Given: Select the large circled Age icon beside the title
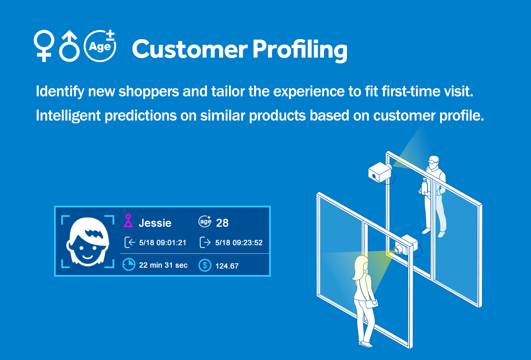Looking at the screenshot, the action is click(x=100, y=46).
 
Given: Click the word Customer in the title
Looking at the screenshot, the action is click(x=189, y=49).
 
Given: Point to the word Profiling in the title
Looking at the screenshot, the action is click(x=300, y=50).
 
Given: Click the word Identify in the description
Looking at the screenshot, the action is click(x=60, y=91).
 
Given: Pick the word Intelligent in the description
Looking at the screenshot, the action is click(x=68, y=116).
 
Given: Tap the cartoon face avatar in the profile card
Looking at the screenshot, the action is click(x=88, y=242).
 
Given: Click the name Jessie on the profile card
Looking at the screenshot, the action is click(x=155, y=223).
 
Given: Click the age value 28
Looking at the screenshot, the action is click(x=222, y=223).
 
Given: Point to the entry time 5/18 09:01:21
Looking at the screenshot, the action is click(x=162, y=243).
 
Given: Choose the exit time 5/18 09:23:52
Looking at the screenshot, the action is click(x=239, y=243).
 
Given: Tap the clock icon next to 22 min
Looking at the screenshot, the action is click(x=129, y=265).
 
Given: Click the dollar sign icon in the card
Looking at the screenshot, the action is click(x=205, y=265).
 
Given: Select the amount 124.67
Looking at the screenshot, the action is click(x=227, y=266).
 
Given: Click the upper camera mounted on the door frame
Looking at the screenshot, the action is click(x=380, y=172).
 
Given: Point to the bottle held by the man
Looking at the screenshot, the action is click(x=423, y=186).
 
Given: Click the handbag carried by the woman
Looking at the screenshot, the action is click(x=371, y=303).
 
